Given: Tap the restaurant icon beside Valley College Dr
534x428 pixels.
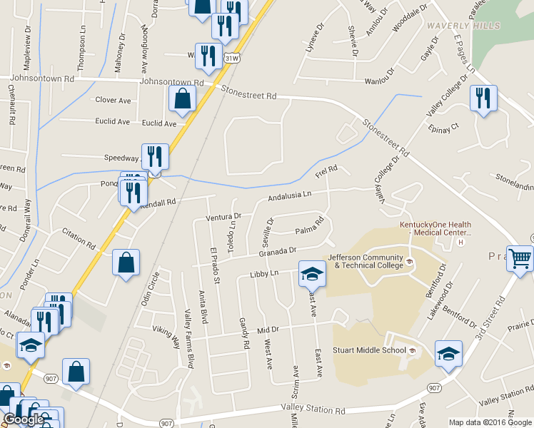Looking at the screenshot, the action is pos(483,97).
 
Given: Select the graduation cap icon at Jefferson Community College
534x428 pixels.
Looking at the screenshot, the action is pos(312,272).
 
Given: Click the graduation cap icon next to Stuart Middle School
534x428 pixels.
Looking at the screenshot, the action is pos(448,353).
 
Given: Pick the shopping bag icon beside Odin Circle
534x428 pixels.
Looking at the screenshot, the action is pos(126,262).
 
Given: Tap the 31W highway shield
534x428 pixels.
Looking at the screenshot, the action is pos(231,56).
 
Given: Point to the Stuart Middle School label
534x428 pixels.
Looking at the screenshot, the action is pos(374,350).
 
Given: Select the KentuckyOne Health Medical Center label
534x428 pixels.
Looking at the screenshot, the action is pos(435,228).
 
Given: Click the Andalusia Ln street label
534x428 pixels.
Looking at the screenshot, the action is pos(290,196).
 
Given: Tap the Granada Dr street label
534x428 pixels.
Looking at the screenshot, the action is pos(278,252).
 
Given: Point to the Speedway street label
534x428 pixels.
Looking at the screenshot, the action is pos(121,158).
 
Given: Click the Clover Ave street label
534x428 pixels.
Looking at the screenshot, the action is pos(113,101).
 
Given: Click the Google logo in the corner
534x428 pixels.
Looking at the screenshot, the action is pos(24,420).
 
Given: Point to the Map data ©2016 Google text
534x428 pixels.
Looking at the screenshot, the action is pos(490,422).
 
